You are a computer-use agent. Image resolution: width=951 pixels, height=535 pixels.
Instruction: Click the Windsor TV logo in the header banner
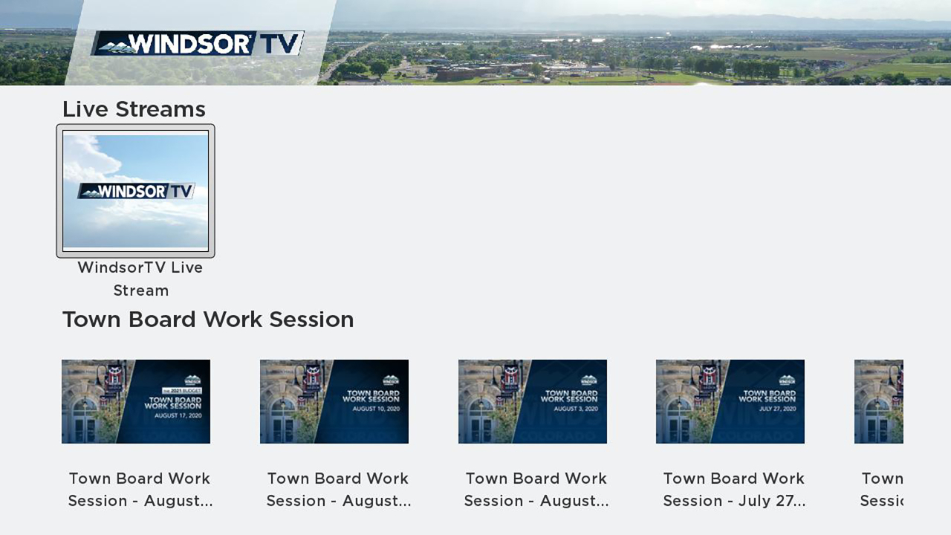coord(198,43)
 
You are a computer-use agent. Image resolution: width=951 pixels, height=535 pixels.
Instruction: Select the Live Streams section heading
coord(134,109)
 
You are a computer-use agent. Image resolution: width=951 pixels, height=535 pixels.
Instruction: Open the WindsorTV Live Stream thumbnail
coord(135,190)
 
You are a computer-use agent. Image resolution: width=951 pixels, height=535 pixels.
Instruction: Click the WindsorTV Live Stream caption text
coord(140,278)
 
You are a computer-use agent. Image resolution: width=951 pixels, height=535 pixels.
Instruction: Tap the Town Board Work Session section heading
coord(208,320)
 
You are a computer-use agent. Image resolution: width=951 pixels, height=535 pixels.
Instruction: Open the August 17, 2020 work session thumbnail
coord(135,401)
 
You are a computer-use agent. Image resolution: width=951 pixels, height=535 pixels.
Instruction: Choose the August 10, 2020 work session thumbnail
coord(334,401)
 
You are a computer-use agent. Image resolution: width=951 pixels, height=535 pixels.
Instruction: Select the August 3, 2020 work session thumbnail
coord(532,401)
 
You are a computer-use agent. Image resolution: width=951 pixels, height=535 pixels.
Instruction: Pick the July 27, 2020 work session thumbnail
coord(730,401)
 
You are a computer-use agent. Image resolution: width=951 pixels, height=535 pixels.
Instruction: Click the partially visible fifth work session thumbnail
coord(879,401)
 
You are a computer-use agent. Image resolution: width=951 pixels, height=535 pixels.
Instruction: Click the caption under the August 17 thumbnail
coord(140,489)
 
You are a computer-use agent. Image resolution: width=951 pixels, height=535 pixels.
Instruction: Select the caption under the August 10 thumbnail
coord(338,489)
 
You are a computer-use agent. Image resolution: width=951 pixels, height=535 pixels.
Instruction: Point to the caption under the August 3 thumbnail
coord(536,489)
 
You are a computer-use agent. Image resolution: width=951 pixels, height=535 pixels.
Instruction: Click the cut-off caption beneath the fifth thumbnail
coord(882,489)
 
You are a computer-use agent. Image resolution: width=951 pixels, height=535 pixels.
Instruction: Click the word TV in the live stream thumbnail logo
coord(181,191)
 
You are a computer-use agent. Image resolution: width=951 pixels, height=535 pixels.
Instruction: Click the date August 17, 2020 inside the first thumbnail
coord(178,416)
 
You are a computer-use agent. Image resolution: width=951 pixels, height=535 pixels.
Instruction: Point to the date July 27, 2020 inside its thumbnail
coord(777,409)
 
